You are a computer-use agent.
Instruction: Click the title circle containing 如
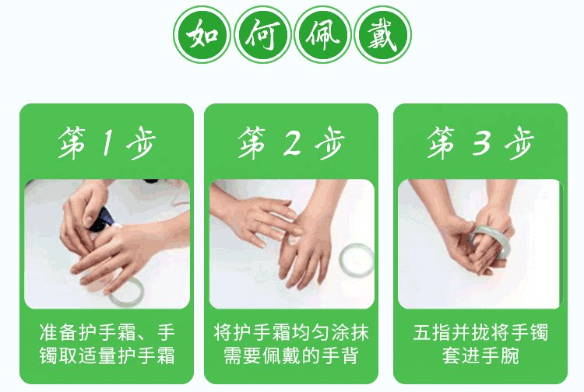coord(202,34)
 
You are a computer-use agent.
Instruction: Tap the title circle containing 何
coord(262,34)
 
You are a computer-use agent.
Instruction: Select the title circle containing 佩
coord(322,34)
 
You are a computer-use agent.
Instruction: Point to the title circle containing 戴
coord(382,34)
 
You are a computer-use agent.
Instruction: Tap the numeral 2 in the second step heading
coord(292,143)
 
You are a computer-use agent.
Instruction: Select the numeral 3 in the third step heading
coord(482,143)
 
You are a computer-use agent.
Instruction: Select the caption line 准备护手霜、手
coord(107,332)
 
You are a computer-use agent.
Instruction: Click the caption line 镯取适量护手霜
coord(107,355)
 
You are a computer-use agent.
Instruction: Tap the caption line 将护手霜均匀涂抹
coord(291,332)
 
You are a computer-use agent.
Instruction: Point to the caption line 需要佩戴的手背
coord(291,355)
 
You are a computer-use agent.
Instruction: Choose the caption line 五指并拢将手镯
coord(480,332)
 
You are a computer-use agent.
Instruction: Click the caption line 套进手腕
coord(480,355)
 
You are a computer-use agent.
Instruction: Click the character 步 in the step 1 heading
coord(141,143)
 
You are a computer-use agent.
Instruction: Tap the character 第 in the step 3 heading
coord(442,143)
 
